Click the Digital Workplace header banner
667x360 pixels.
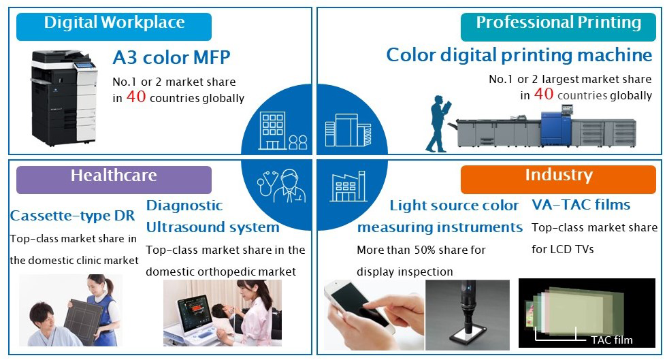point(114,27)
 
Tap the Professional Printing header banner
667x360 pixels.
point(558,27)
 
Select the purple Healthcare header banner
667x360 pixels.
point(114,180)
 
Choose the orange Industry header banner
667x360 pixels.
point(558,179)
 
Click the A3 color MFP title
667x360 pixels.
point(172,57)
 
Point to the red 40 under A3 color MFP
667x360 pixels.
point(136,97)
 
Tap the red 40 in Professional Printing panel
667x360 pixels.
point(544,94)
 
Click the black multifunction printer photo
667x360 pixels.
point(64,98)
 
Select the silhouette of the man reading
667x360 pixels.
point(438,123)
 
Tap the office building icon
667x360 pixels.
point(272,131)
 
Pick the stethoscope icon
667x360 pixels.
point(267,184)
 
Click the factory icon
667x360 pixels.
point(348,186)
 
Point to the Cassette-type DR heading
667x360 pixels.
point(72,216)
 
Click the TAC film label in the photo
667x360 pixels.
point(612,340)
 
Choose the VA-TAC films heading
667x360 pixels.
point(581,205)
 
